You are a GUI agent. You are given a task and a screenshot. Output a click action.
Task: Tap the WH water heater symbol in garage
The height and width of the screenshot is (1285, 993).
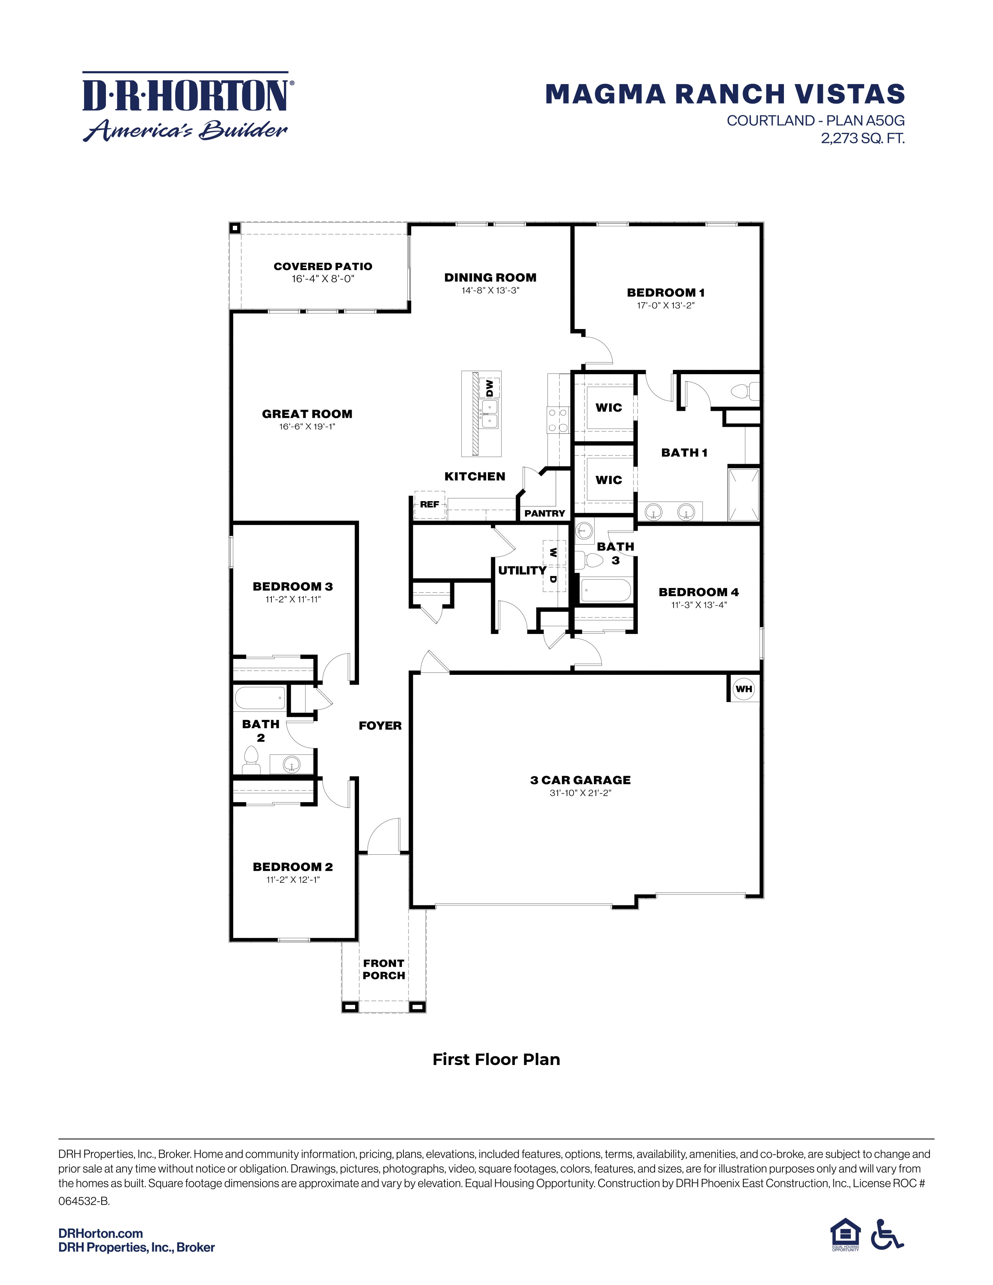[743, 689]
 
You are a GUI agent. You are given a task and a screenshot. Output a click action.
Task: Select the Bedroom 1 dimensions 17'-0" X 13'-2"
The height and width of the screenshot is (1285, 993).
[666, 305]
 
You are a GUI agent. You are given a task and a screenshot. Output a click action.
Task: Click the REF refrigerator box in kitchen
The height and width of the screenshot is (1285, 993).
[430, 504]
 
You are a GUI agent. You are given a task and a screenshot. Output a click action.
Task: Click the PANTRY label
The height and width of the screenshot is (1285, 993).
[544, 513]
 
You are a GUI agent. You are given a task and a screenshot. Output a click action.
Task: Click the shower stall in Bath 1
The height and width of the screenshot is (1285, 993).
[743, 494]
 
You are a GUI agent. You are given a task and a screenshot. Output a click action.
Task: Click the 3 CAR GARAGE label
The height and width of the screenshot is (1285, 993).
[580, 780]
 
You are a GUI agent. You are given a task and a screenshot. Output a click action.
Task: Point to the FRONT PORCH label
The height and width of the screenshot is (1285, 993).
[384, 969]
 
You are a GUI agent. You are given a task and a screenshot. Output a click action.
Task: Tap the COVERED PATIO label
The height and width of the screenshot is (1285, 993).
[323, 266]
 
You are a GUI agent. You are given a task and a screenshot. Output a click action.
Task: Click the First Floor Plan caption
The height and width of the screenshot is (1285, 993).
[496, 1060]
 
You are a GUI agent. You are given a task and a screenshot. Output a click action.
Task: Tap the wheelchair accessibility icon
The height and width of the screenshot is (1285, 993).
[886, 1234]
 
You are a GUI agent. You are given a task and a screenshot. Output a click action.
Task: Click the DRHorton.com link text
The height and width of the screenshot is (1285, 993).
[100, 1233]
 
